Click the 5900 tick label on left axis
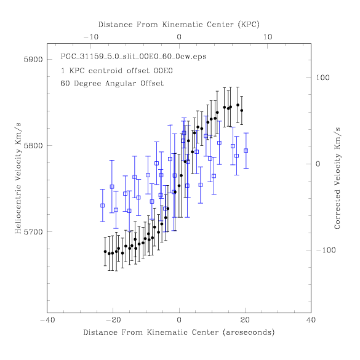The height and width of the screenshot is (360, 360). (x=33, y=60)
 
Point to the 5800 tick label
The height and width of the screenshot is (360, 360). (x=33, y=146)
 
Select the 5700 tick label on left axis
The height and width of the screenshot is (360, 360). (x=33, y=232)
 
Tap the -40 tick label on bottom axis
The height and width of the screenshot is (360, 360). (x=47, y=320)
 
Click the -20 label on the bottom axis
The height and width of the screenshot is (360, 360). (x=113, y=320)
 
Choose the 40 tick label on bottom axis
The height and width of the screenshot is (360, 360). (x=311, y=320)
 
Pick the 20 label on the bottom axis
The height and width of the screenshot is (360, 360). (x=245, y=320)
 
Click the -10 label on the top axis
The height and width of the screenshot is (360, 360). (x=91, y=37)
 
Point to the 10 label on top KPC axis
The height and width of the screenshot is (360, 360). (x=268, y=37)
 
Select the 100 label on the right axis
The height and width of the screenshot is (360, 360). (x=322, y=78)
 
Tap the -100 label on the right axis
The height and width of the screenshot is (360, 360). (x=326, y=250)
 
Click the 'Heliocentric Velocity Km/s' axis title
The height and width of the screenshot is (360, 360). (x=18, y=178)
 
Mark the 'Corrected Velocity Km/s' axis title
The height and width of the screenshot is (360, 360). (x=337, y=178)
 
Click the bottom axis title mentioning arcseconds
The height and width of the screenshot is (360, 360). (x=179, y=332)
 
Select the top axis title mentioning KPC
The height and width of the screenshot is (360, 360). (x=179, y=25)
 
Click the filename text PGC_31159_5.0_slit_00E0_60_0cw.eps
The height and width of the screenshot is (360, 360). (x=134, y=57)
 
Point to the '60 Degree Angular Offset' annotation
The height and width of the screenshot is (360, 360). (x=112, y=83)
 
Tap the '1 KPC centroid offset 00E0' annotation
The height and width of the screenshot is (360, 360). (x=117, y=71)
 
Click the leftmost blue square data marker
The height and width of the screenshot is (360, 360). (x=103, y=206)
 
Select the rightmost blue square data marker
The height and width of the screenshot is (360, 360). (x=246, y=151)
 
